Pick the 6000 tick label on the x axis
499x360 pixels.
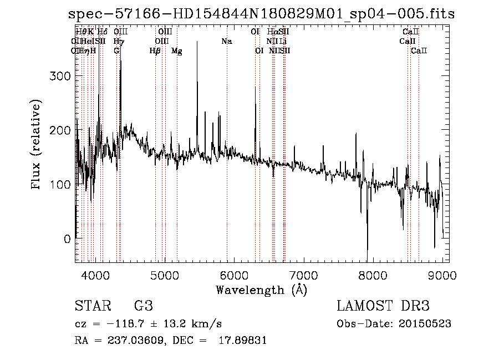tap(233, 275)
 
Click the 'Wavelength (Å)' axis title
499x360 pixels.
tap(261, 290)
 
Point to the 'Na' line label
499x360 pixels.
tap(226, 41)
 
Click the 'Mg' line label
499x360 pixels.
tap(177, 51)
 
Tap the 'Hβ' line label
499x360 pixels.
tap(155, 51)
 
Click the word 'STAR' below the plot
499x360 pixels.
tap(90, 306)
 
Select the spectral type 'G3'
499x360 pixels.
tap(143, 306)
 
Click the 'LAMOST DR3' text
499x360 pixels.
tap(383, 306)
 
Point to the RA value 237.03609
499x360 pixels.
tap(135, 341)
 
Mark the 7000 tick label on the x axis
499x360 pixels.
tap(303, 275)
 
